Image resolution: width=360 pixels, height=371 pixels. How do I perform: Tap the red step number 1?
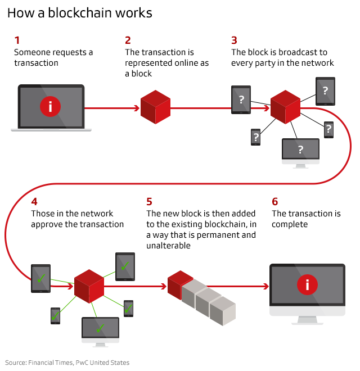17,40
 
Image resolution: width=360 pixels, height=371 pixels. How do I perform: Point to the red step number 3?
234,40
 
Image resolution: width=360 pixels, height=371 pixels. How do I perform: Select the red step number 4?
34,201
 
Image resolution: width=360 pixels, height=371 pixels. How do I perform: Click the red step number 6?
274,201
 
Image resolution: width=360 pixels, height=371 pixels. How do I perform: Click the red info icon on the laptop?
51,106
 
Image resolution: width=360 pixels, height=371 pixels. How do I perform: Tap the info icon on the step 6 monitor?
307,285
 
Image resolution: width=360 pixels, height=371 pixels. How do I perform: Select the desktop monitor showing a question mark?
300,151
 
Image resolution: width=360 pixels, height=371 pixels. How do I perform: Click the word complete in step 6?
290,224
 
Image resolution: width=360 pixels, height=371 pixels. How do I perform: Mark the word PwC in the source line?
83,363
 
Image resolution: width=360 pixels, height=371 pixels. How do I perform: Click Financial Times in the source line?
50,363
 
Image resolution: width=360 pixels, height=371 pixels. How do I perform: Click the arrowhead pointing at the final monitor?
267,286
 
